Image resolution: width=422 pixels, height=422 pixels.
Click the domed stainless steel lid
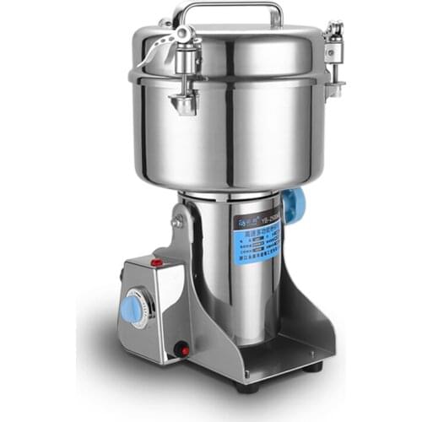click(x=245, y=46)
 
